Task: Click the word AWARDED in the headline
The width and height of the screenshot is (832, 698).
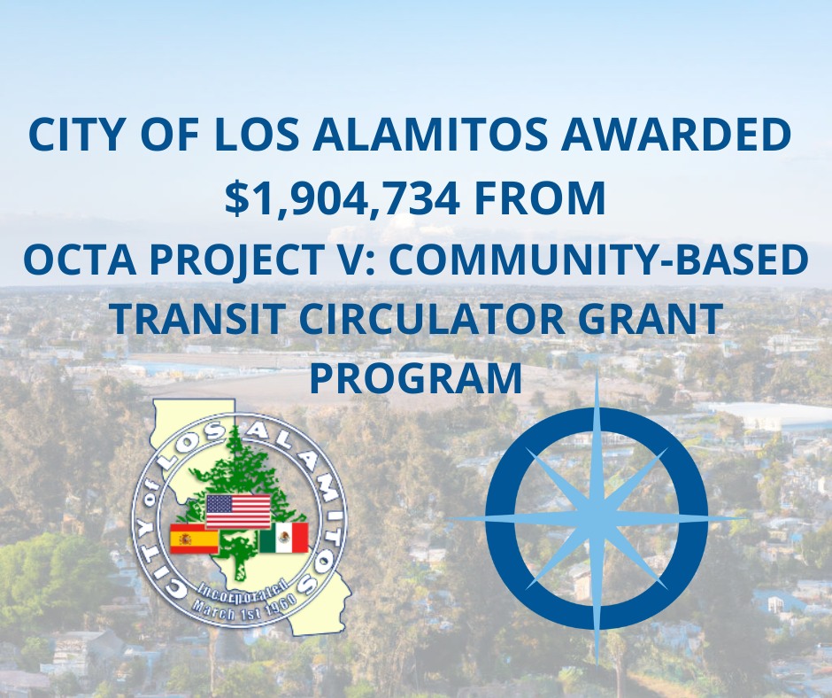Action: pos(676,134)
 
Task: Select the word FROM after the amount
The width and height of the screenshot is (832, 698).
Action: pos(540,198)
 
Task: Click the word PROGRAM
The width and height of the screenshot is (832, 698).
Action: pos(416,377)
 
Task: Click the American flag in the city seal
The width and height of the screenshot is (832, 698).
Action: pos(238,512)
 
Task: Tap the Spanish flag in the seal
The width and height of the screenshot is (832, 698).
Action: pos(194,539)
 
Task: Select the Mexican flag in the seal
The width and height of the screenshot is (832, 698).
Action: pos(284,537)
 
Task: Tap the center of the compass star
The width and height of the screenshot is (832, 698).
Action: pos(597,517)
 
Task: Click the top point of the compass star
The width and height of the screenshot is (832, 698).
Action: pos(597,368)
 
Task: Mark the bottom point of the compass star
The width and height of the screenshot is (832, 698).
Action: pos(597,665)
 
